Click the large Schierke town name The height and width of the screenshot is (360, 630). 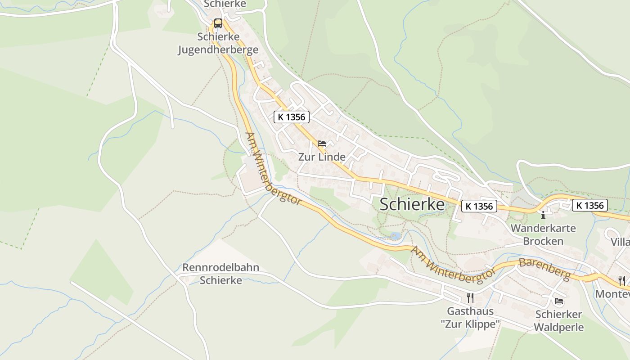(412, 204)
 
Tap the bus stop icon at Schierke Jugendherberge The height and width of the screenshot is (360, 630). (218, 23)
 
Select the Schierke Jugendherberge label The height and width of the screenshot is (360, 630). (218, 43)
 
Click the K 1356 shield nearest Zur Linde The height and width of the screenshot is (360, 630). (292, 117)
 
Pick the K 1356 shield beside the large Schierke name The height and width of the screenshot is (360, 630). (479, 206)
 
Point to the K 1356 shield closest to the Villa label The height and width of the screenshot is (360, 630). (590, 205)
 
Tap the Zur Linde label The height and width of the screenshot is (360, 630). (322, 157)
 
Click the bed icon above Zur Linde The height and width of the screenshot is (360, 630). (322, 144)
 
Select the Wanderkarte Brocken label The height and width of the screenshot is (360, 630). (543, 234)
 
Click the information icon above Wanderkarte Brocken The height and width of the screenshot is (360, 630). (543, 215)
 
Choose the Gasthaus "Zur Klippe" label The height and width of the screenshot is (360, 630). (470, 317)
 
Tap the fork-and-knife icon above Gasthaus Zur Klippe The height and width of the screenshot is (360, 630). (470, 297)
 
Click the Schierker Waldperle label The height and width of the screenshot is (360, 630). (559, 320)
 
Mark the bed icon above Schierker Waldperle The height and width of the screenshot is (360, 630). (559, 301)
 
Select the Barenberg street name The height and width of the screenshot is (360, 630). (544, 268)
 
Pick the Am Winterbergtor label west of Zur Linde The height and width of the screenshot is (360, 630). (273, 169)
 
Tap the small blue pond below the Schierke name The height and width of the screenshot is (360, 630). (395, 236)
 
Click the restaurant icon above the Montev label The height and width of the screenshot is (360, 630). (622, 280)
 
